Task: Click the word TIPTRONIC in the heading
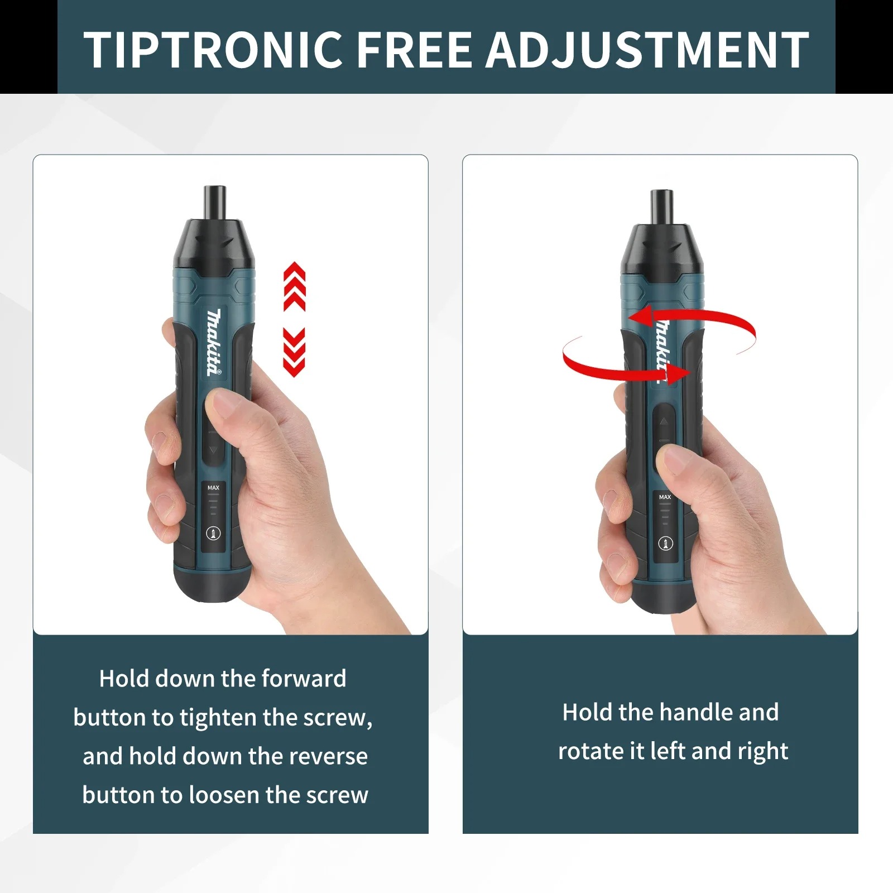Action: point(213,50)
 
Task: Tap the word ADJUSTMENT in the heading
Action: point(647,50)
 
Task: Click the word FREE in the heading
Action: point(414,50)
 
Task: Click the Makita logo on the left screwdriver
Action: point(214,342)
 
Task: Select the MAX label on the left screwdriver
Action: point(213,488)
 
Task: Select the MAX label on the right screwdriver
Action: point(665,497)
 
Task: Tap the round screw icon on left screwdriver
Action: point(213,533)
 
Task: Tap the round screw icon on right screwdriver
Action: point(665,542)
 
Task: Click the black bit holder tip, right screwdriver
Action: point(661,207)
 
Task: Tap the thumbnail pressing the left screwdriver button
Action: point(226,404)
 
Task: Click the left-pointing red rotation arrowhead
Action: point(642,316)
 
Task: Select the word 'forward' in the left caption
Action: point(304,679)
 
